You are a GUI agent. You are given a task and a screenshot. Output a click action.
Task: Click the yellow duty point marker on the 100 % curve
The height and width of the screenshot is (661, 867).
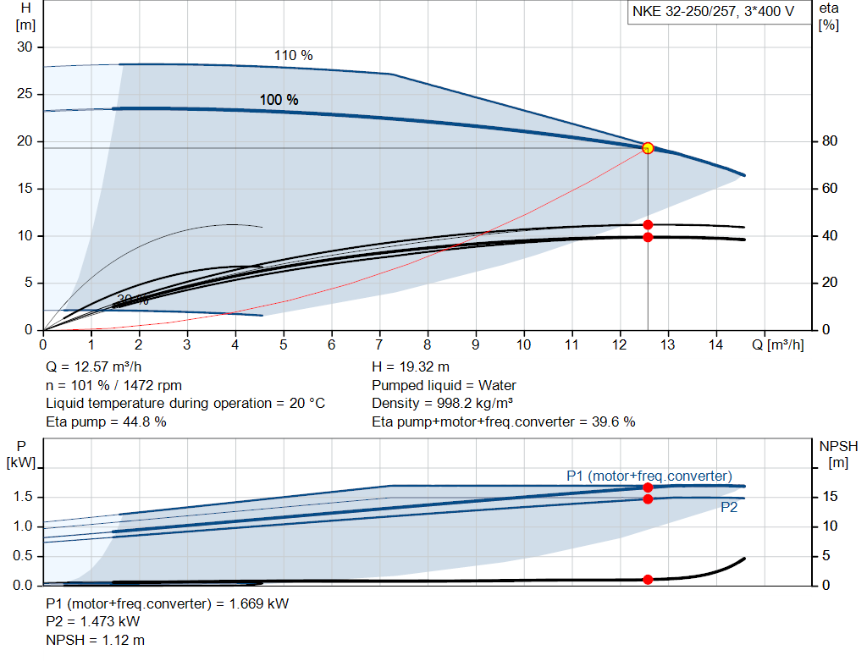point(648,148)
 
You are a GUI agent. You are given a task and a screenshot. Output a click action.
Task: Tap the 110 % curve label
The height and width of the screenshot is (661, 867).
point(293,56)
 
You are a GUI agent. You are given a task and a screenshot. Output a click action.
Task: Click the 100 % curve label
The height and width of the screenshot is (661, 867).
point(279,100)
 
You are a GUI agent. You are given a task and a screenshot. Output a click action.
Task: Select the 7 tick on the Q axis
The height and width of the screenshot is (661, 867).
point(379,344)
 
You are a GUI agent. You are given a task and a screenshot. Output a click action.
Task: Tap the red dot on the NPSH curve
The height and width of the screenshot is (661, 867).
point(648,580)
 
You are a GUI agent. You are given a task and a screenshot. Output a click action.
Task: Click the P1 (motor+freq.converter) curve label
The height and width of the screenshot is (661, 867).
point(649,476)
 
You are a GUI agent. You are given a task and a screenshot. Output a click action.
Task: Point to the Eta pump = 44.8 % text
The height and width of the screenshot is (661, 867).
point(106,421)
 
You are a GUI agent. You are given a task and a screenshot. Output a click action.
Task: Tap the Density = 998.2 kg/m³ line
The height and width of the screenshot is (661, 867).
point(443,404)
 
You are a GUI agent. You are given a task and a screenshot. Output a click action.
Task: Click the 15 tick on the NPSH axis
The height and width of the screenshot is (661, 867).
point(831,497)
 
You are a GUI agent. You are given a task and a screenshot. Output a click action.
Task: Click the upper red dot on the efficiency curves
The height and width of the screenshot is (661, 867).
point(648,225)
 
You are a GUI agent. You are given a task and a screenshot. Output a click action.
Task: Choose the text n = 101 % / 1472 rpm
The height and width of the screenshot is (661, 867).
point(113,386)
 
